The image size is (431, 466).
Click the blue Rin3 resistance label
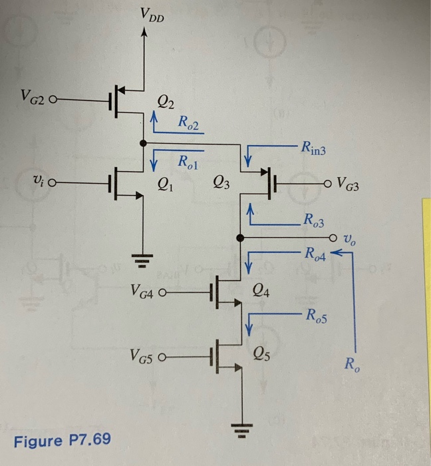tap(315, 150)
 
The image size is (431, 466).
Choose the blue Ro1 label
tap(189, 160)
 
